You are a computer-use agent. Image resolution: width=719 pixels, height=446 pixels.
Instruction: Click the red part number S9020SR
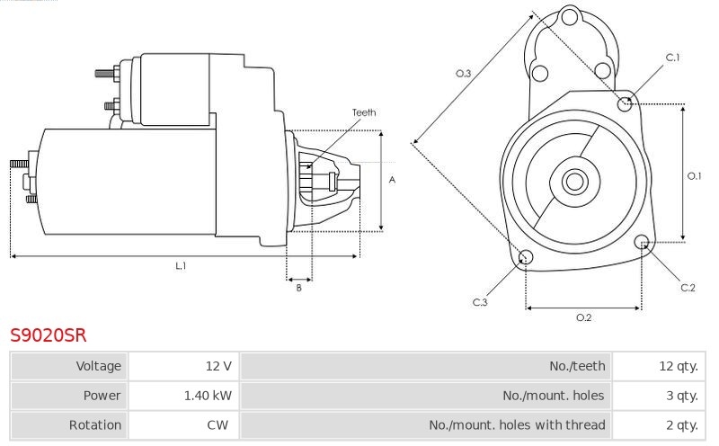click(x=49, y=335)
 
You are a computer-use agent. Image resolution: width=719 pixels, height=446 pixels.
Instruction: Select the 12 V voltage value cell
click(x=183, y=366)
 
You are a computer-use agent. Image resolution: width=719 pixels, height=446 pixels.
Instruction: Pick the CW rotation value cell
click(x=183, y=425)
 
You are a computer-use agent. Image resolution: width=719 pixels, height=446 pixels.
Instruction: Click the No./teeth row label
click(x=577, y=366)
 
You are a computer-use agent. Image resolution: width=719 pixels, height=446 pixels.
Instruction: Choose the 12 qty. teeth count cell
click(x=659, y=366)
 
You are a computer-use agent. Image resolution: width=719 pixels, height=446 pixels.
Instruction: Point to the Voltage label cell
click(x=69, y=366)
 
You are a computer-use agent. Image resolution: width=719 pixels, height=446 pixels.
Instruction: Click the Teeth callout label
click(x=364, y=112)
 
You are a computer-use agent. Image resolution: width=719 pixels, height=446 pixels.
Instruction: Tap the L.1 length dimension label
click(x=181, y=265)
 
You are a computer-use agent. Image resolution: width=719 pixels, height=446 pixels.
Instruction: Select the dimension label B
click(x=299, y=288)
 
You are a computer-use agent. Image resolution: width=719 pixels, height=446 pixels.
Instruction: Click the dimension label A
click(x=392, y=180)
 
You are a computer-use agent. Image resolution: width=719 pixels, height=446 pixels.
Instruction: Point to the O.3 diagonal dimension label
click(x=463, y=74)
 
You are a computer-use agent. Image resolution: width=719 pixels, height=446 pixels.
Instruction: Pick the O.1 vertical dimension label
click(x=694, y=175)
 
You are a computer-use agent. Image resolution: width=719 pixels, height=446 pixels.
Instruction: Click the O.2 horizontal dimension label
click(x=583, y=317)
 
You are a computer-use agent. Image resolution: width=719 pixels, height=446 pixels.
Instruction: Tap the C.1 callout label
click(x=672, y=58)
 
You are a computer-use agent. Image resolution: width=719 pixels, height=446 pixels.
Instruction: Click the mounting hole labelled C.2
click(x=642, y=242)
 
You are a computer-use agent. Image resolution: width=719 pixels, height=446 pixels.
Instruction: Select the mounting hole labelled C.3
click(x=526, y=257)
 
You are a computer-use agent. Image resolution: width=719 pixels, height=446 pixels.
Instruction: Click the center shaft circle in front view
click(x=574, y=182)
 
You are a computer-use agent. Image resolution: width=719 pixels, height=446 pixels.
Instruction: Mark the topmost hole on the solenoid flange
click(x=570, y=18)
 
